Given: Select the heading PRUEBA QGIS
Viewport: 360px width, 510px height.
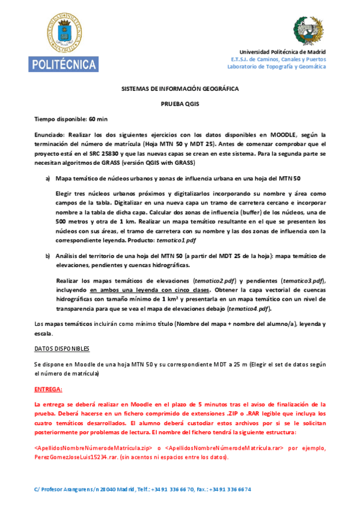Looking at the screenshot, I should pos(180,104).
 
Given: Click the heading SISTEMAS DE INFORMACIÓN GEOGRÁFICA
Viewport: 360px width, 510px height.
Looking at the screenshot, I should pos(180,88).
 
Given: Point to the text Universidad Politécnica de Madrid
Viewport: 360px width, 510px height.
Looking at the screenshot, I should pos(282,52).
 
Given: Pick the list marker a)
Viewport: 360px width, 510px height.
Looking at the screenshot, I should pos(48,179).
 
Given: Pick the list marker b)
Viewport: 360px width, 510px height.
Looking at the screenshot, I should pos(48,256).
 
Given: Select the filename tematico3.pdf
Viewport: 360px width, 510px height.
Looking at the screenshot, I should pos(304,281).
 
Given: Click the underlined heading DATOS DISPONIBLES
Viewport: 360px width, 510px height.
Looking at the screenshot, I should pos(62,348).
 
